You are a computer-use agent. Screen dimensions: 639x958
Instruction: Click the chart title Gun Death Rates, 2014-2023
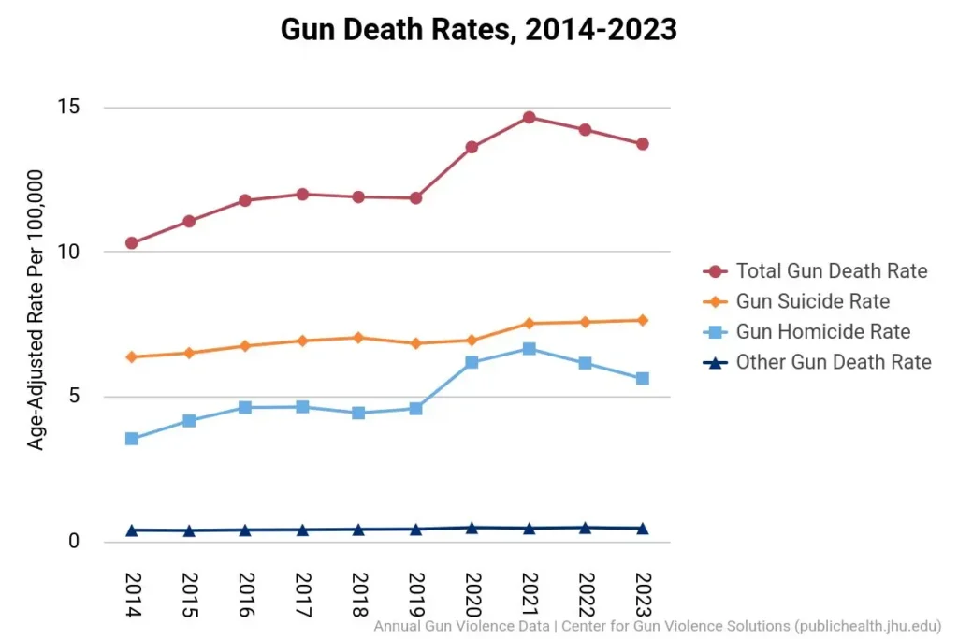pyautogui.click(x=478, y=29)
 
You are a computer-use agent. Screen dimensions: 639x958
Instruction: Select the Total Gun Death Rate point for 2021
pyautogui.click(x=530, y=117)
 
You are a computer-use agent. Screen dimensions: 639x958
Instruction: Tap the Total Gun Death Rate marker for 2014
pyautogui.click(x=132, y=243)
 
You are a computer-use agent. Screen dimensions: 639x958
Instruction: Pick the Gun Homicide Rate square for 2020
pyautogui.click(x=472, y=362)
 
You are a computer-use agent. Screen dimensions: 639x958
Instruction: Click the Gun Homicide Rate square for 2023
pyautogui.click(x=643, y=378)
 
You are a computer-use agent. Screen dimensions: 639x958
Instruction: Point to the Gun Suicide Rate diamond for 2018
pyautogui.click(x=358, y=337)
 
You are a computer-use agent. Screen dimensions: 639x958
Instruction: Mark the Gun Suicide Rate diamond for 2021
pyautogui.click(x=530, y=323)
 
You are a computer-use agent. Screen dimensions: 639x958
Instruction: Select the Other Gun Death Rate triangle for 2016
pyautogui.click(x=245, y=530)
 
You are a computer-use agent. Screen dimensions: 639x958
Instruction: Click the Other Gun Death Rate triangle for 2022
pyautogui.click(x=586, y=528)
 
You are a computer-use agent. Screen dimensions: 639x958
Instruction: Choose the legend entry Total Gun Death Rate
pyautogui.click(x=831, y=271)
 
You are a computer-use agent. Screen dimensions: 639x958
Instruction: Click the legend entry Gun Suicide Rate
pyautogui.click(x=812, y=301)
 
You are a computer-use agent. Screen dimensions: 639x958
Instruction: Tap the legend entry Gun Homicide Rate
pyautogui.click(x=822, y=331)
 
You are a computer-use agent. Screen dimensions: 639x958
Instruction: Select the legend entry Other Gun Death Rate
pyautogui.click(x=833, y=362)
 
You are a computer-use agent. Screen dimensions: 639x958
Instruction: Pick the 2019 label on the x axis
pyautogui.click(x=416, y=594)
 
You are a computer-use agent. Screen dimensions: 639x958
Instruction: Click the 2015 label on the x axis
pyautogui.click(x=189, y=594)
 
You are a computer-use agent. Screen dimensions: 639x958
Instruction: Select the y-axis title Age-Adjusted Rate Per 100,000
pyautogui.click(x=36, y=310)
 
